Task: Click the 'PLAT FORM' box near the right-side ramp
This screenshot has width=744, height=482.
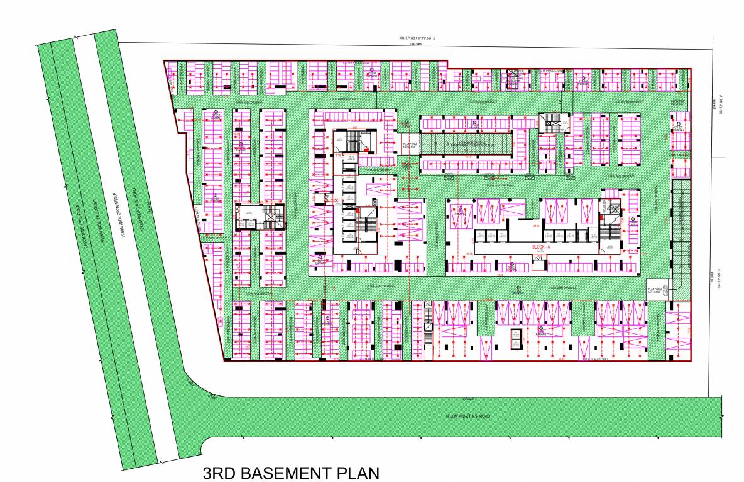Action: [655, 290]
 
